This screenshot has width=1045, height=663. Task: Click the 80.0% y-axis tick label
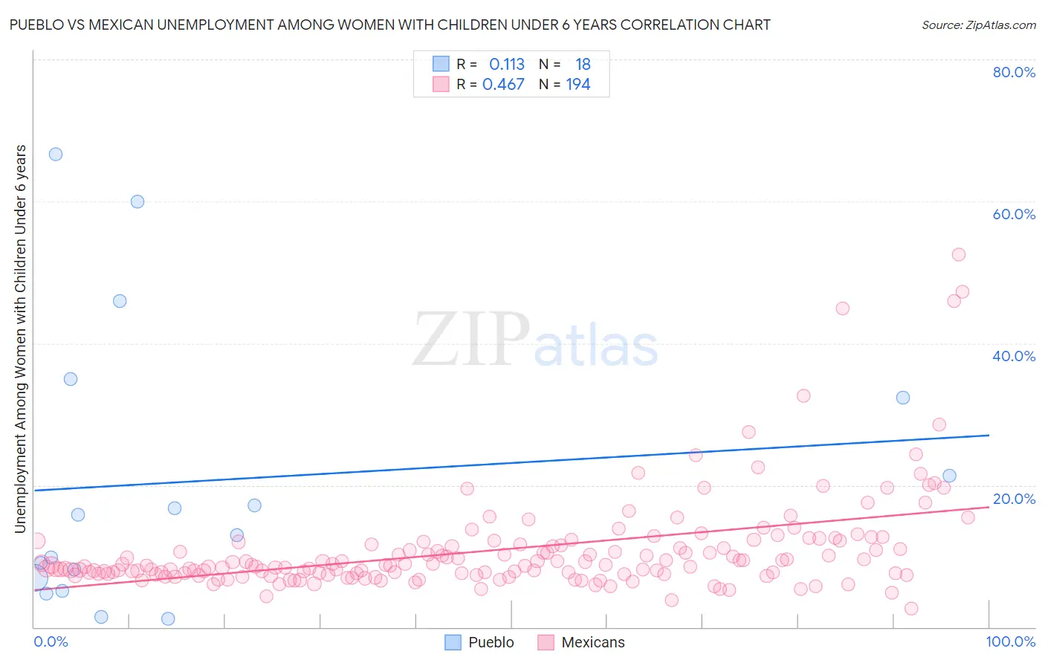point(1014,72)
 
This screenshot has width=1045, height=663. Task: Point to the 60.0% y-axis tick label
point(1014,214)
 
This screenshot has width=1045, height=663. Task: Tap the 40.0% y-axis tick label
point(1014,356)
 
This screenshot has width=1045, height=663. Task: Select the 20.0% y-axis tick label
point(1014,499)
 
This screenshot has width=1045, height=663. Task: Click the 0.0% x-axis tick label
point(51,641)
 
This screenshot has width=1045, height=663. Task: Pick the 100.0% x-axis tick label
point(1011,641)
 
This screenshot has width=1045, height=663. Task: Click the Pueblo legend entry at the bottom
point(479,642)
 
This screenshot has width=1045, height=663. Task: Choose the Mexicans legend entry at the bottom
point(582,642)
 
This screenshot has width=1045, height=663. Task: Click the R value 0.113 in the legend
point(507,65)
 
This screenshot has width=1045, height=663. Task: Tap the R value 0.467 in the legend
point(503,85)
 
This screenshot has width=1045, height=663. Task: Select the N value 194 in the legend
point(578,85)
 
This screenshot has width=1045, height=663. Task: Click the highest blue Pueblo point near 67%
point(56,155)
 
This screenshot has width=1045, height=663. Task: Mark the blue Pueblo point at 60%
point(137,201)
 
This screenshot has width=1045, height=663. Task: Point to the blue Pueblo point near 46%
point(120,301)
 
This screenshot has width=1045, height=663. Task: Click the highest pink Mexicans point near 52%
point(959,254)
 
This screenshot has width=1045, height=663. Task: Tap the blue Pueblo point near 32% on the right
point(903,398)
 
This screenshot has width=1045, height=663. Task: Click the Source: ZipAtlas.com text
point(978,25)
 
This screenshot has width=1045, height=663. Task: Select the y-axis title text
point(21,338)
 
